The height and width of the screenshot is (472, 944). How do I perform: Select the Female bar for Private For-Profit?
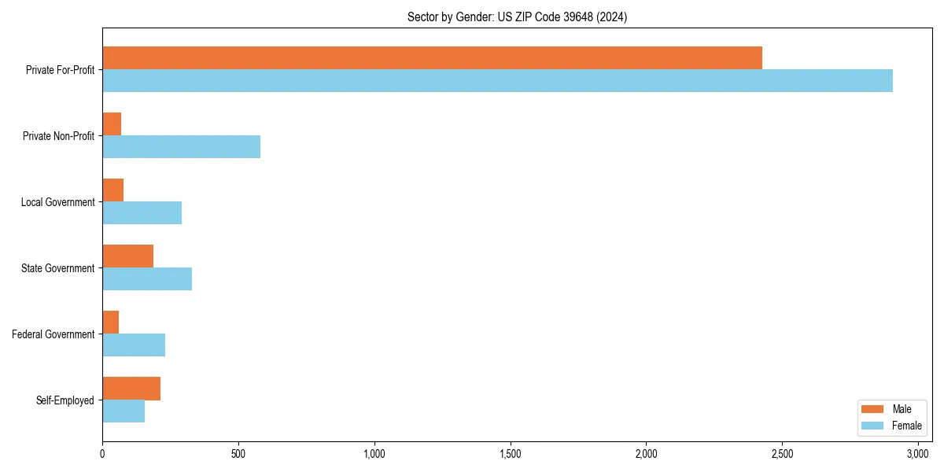pyautogui.click(x=497, y=81)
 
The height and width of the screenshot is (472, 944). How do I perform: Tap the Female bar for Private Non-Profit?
pyautogui.click(x=181, y=147)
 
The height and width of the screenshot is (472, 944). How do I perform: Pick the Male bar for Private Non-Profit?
pyautogui.click(x=112, y=124)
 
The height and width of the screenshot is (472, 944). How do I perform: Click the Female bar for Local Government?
pyautogui.click(x=142, y=213)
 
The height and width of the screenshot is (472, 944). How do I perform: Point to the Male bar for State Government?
pyautogui.click(x=127, y=256)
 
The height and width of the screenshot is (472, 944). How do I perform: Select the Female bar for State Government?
pyautogui.click(x=147, y=279)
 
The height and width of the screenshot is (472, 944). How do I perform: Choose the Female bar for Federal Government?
pyautogui.click(x=134, y=345)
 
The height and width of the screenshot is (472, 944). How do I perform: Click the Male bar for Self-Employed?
pyautogui.click(x=131, y=389)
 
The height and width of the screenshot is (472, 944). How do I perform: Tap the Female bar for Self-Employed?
pyautogui.click(x=124, y=411)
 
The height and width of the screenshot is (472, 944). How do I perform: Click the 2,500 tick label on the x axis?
pyautogui.click(x=782, y=454)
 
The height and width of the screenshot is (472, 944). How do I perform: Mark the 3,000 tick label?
pyautogui.click(x=918, y=454)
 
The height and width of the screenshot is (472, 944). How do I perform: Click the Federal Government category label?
pyautogui.click(x=53, y=334)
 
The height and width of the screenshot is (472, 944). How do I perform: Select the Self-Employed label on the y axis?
pyautogui.click(x=65, y=400)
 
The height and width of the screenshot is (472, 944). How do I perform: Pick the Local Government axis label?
pyautogui.click(x=57, y=202)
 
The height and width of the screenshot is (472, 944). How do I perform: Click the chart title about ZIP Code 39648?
pyautogui.click(x=517, y=17)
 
